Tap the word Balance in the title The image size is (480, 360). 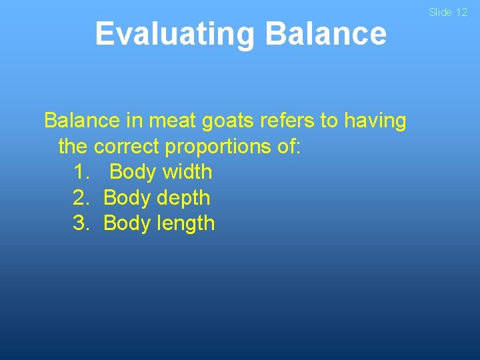coord(325,34)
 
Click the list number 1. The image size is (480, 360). coord(81,172)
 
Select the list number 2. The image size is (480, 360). coord(81,198)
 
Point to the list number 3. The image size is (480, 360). coord(81,223)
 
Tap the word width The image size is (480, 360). coord(187,172)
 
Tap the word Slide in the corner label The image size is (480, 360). coord(441,12)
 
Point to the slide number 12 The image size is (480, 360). coord(461,12)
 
